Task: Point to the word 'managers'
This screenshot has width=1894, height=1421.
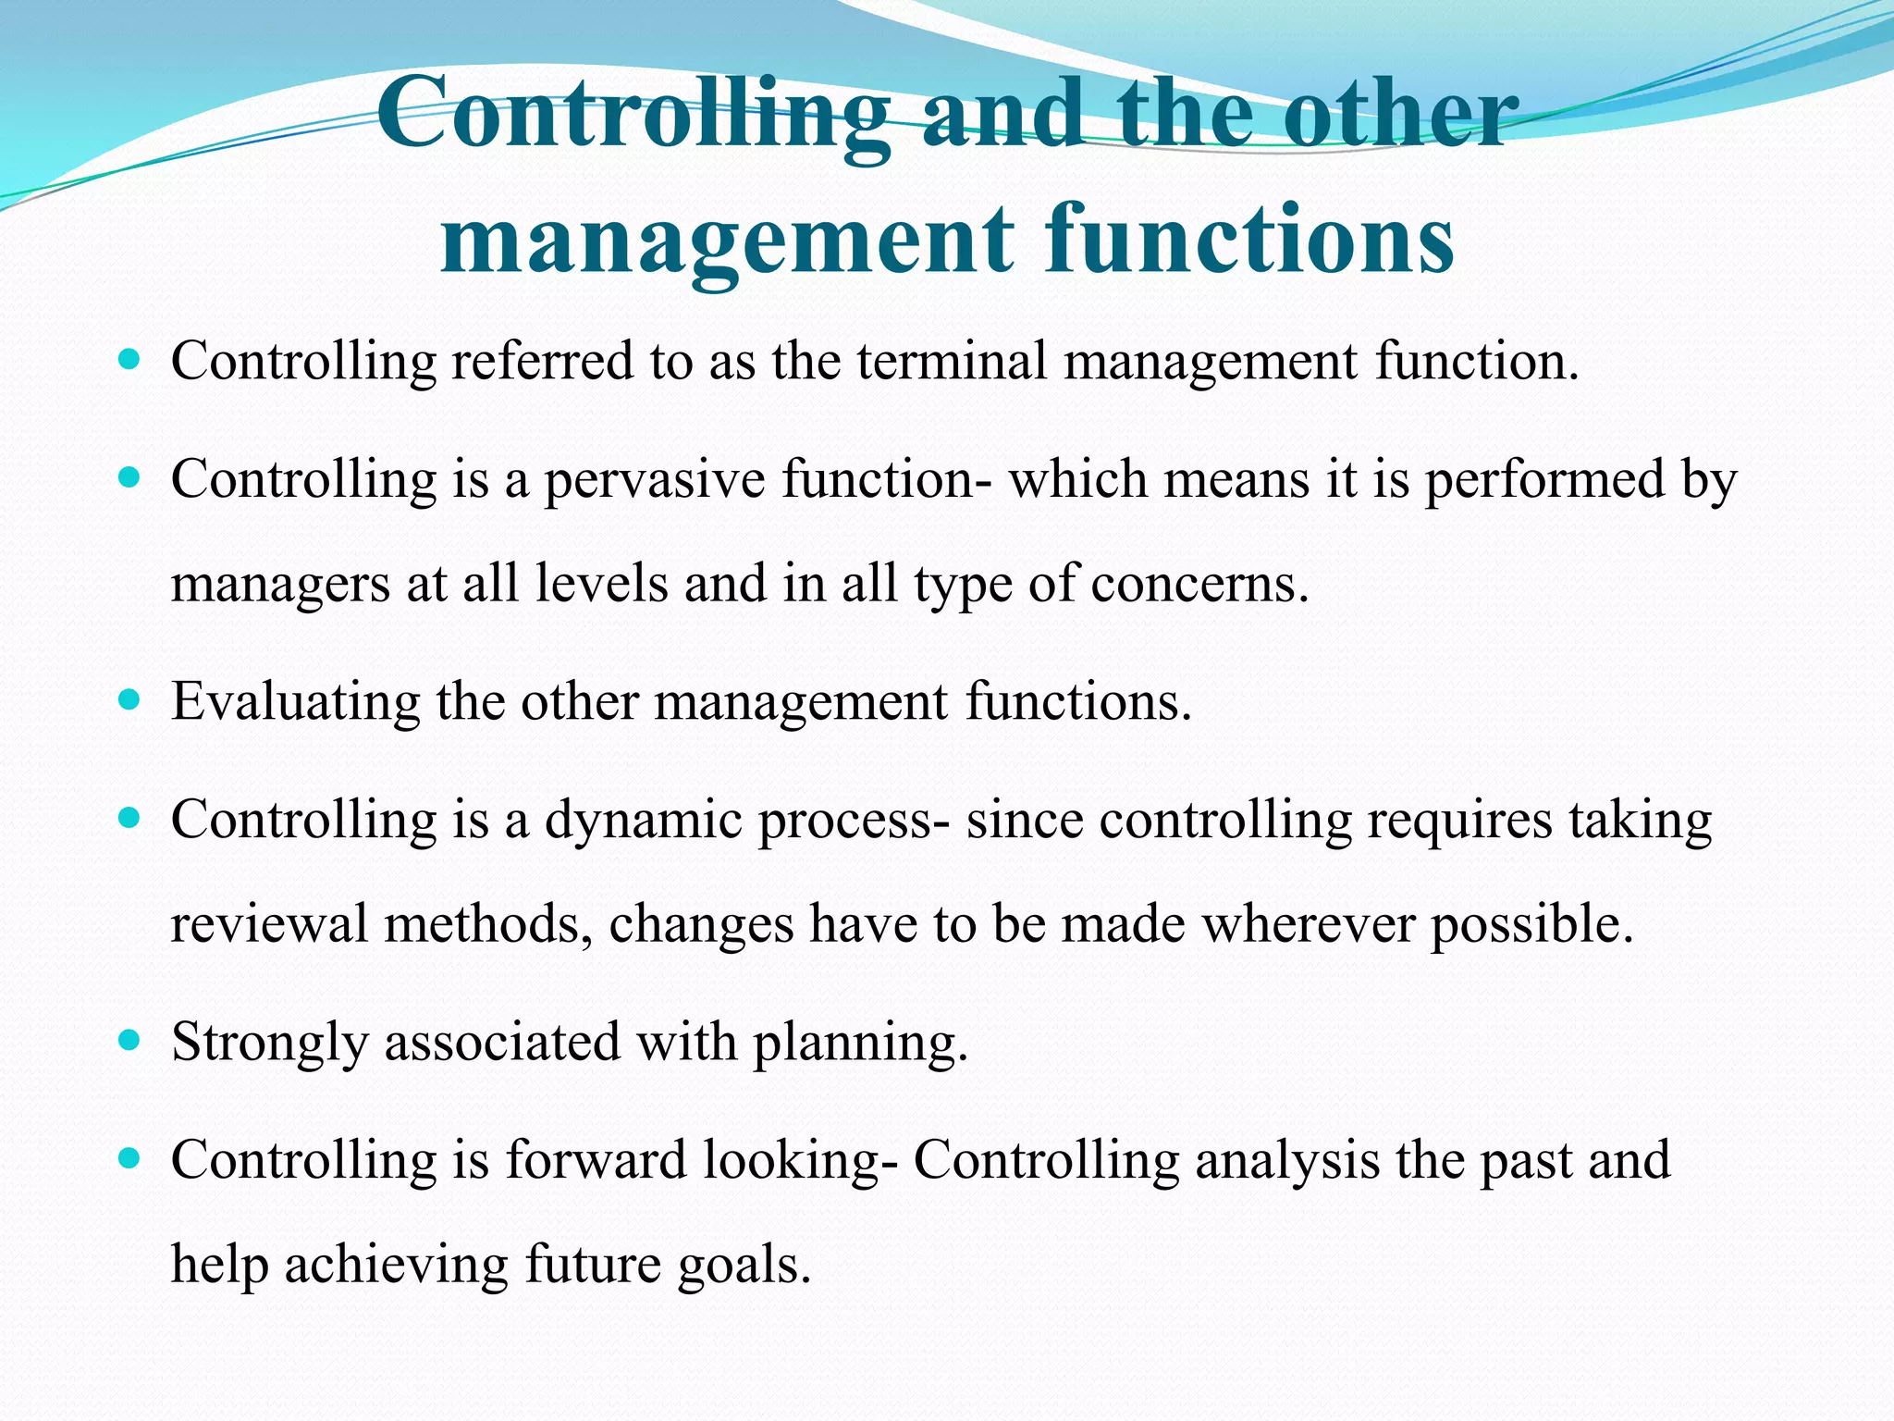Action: [281, 586]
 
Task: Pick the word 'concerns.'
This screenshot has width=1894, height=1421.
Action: [1199, 584]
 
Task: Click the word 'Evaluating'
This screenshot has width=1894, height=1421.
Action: [295, 702]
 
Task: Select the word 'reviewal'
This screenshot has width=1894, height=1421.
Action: [269, 923]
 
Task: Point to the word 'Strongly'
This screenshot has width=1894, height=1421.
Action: [269, 1044]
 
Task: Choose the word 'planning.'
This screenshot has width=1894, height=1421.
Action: [860, 1044]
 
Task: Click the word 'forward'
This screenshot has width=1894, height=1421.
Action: [596, 1160]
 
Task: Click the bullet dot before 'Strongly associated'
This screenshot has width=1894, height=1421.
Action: [129, 1041]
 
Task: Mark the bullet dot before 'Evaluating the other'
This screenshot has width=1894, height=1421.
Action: [129, 700]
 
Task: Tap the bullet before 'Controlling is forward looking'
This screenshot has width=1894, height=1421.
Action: [129, 1158]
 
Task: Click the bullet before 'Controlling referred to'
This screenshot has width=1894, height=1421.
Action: [129, 359]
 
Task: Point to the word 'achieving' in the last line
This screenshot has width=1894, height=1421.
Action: [396, 1265]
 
